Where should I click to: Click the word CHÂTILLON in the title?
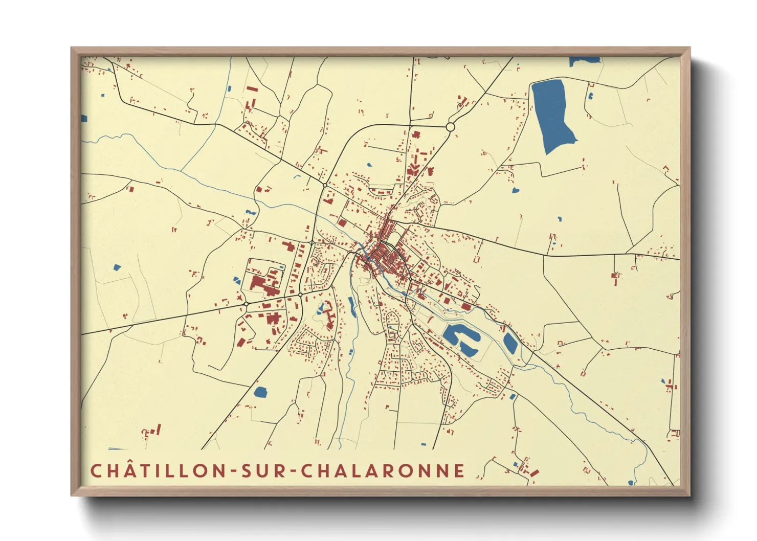158,471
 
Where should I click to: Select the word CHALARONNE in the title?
383,471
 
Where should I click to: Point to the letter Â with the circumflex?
129,470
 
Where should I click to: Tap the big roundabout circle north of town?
451,126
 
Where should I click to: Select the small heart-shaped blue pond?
515,191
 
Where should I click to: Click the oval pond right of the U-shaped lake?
510,343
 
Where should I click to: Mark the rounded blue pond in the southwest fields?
260,392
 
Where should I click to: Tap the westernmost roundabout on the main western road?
246,304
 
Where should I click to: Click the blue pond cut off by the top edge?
585,60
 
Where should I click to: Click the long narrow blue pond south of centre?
352,305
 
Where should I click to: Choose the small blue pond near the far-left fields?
116,267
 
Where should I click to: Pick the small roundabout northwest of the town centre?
325,185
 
